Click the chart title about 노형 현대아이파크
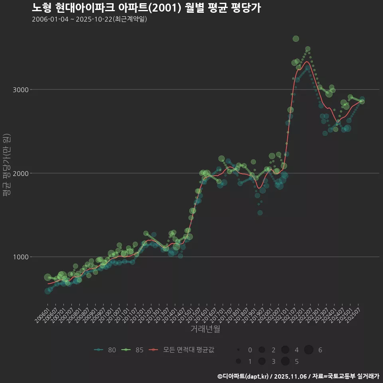(146, 8)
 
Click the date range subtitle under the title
(89, 19)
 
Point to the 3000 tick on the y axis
(20, 90)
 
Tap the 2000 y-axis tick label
(20, 174)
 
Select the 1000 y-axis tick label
(20, 257)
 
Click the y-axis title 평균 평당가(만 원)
(7, 165)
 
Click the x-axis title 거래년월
(205, 329)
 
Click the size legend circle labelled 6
(309, 350)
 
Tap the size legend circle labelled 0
(238, 350)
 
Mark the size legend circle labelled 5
(285, 361)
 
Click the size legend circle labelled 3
(262, 361)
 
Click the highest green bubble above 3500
(296, 39)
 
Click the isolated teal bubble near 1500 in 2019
(260, 213)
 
